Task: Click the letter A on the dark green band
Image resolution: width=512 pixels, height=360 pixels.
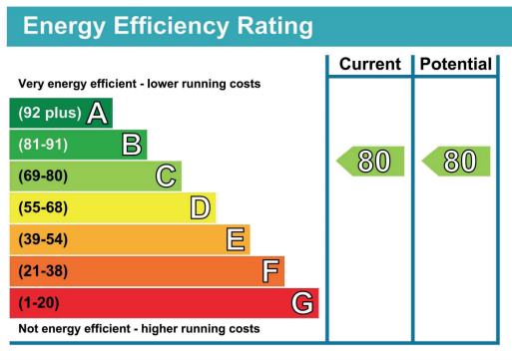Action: (x=97, y=113)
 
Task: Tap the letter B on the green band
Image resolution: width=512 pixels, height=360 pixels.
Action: (x=132, y=145)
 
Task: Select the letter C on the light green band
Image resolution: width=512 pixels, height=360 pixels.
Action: (x=167, y=177)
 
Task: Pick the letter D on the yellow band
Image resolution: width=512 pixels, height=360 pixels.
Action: (x=201, y=208)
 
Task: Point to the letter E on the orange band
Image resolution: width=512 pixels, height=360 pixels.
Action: (x=236, y=239)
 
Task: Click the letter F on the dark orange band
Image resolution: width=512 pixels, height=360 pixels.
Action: (x=269, y=271)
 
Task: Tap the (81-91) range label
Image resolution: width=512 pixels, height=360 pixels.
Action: (x=43, y=145)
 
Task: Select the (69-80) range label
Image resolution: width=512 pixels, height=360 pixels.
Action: (x=43, y=177)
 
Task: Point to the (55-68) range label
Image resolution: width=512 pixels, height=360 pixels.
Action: (x=43, y=208)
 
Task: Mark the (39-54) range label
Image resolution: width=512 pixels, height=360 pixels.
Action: (x=43, y=239)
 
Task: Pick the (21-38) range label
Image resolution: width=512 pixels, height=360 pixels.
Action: (x=43, y=271)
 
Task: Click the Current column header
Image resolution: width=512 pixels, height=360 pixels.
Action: (x=369, y=65)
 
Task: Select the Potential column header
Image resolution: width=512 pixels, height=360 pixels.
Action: (x=455, y=65)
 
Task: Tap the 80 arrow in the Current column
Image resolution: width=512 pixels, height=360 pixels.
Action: (x=371, y=161)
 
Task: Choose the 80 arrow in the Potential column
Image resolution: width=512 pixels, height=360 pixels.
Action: (x=456, y=161)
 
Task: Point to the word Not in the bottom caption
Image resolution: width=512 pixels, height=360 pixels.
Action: (x=31, y=328)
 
